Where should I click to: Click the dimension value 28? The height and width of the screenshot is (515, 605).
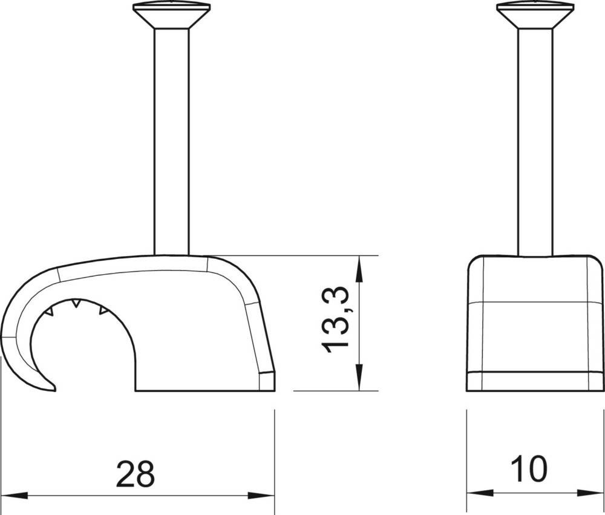coord(135,473)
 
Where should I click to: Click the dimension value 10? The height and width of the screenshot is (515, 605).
coord(529,468)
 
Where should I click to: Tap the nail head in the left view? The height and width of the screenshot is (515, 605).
coord(172,16)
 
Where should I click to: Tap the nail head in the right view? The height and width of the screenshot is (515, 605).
coord(535,16)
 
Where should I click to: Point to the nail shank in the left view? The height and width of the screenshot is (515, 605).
coord(172,142)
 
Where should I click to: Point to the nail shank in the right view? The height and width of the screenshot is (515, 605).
coord(535,142)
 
